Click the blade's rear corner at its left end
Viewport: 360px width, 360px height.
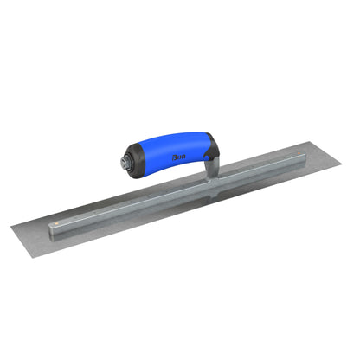pyautogui.click(x=11, y=228)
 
